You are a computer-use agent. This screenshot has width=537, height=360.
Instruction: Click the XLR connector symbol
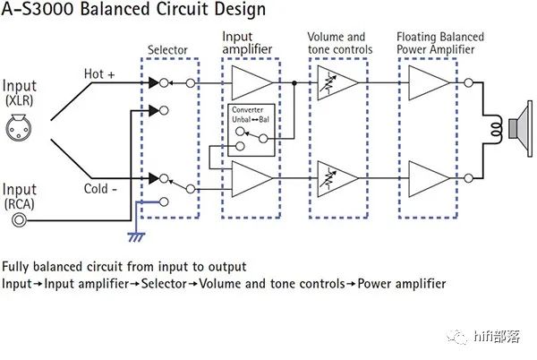pos(21,132)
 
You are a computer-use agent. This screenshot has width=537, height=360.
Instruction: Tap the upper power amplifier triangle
pos(427,82)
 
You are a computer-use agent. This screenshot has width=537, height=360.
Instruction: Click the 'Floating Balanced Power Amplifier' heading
pos(439,42)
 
